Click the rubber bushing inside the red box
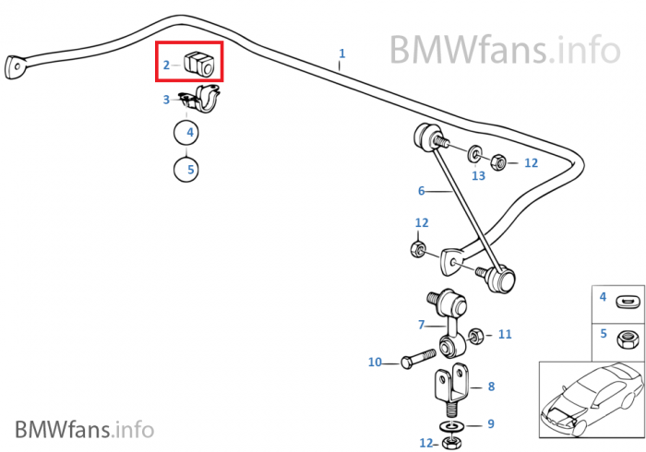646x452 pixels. click(199, 64)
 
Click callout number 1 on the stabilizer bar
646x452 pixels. click(341, 54)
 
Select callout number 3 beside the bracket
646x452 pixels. click(166, 100)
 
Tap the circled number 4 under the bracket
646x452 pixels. click(190, 133)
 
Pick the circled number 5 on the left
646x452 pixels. click(190, 169)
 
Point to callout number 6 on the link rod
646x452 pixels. click(421, 192)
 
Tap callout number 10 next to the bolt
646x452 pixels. click(375, 363)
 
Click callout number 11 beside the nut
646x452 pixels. click(504, 334)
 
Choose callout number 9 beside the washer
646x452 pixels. click(491, 423)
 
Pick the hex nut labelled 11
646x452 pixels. click(477, 334)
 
